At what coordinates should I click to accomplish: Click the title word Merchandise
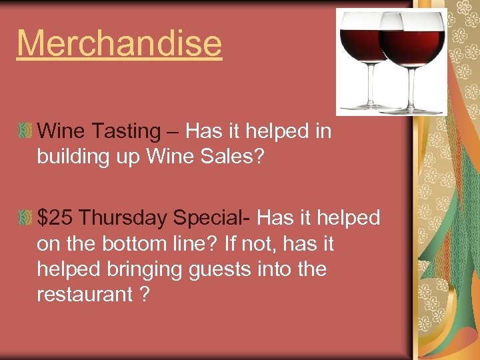pyautogui.click(x=119, y=43)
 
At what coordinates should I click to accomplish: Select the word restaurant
pyautogui.click(x=85, y=294)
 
